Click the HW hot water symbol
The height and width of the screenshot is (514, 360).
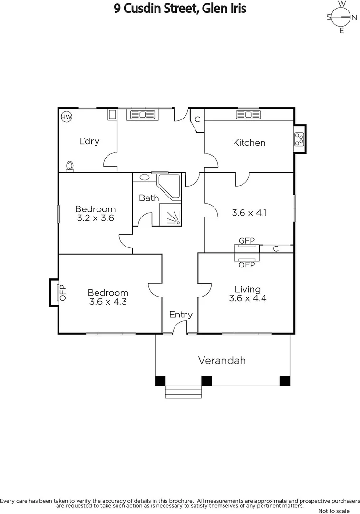[x=66, y=116]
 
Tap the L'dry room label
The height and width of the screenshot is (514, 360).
[x=89, y=141]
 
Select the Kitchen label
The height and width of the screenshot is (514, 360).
[x=249, y=142]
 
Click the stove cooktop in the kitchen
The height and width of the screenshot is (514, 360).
[x=300, y=139]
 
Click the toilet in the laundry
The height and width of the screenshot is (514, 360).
[x=70, y=166]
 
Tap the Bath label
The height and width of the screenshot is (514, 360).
[x=149, y=198]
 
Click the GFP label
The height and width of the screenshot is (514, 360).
[x=247, y=241]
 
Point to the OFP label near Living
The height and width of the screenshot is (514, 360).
[x=247, y=265]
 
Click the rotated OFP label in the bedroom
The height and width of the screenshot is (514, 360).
[x=62, y=292]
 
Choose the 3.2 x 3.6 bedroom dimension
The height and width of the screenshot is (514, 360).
[x=96, y=218]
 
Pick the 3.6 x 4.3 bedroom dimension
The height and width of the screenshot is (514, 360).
[x=108, y=301]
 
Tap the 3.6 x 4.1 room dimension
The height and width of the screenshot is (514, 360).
[x=249, y=213]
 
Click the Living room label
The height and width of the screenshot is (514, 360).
[x=248, y=289]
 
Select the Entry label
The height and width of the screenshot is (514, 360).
[x=181, y=315]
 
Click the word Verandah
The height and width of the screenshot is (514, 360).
[x=222, y=360]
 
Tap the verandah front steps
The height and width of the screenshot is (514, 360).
[x=184, y=392]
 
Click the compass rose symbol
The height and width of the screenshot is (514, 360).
[x=341, y=18]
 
